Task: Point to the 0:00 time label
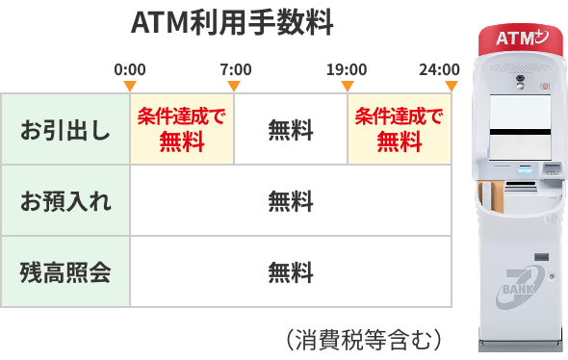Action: tap(130, 70)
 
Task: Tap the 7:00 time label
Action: tap(235, 70)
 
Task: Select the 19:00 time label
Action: tap(347, 70)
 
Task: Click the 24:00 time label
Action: tap(439, 70)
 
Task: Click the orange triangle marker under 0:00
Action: tap(130, 87)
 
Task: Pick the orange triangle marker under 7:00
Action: tap(235, 87)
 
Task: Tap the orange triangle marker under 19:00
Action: tap(348, 87)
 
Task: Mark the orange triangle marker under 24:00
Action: tap(451, 87)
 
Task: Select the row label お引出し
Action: tap(65, 130)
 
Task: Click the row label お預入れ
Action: tap(65, 201)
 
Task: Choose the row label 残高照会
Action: tap(65, 272)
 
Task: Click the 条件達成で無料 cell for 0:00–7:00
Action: tap(182, 130)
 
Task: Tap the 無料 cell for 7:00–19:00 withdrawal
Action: tap(291, 130)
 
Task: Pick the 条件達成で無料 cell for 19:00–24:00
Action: tap(400, 130)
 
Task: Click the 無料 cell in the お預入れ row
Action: tap(291, 201)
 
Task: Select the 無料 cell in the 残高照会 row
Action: tap(291, 272)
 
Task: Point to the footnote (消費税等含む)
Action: tap(363, 339)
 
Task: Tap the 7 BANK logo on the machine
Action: tap(521, 287)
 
